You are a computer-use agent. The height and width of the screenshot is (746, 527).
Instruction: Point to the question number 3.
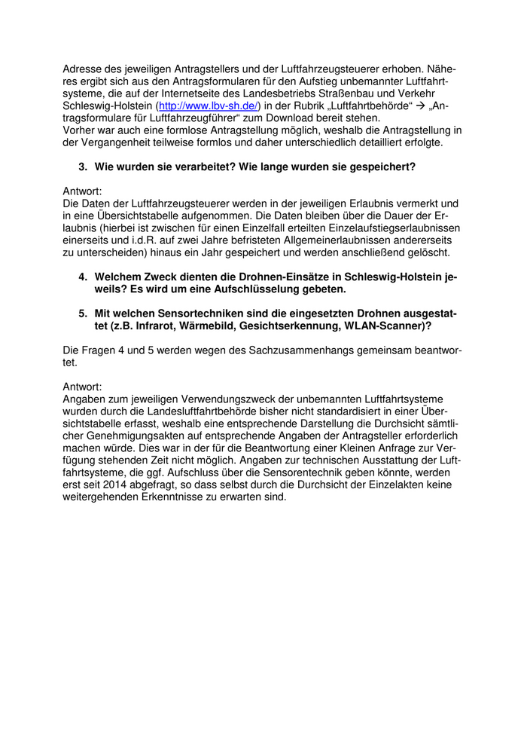click(x=83, y=167)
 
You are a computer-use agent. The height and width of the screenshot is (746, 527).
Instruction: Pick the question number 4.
click(x=83, y=277)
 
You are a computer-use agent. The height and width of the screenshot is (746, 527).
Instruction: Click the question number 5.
click(x=83, y=313)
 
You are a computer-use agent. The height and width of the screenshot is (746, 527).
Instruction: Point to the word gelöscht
click(x=431, y=252)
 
